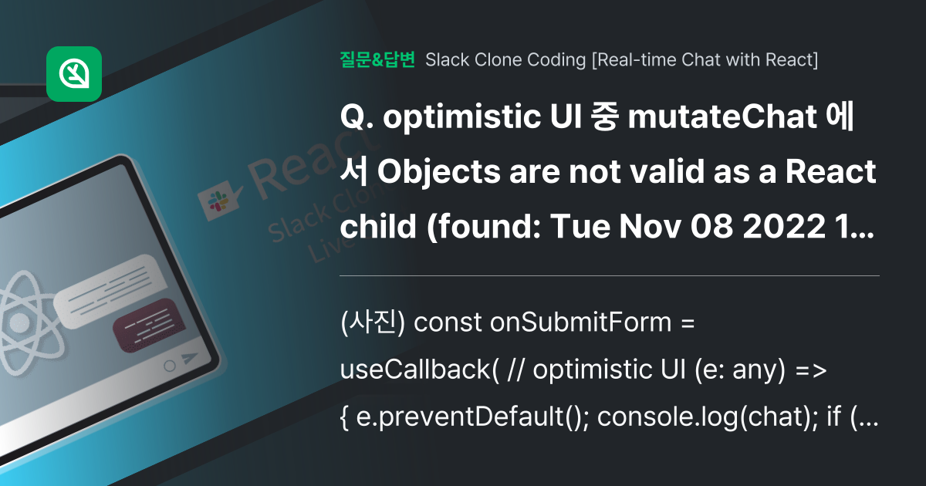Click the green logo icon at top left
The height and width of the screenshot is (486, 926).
pos(74,74)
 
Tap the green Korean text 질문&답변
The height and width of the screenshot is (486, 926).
pos(377,59)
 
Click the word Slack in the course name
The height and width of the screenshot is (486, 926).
pos(447,59)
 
